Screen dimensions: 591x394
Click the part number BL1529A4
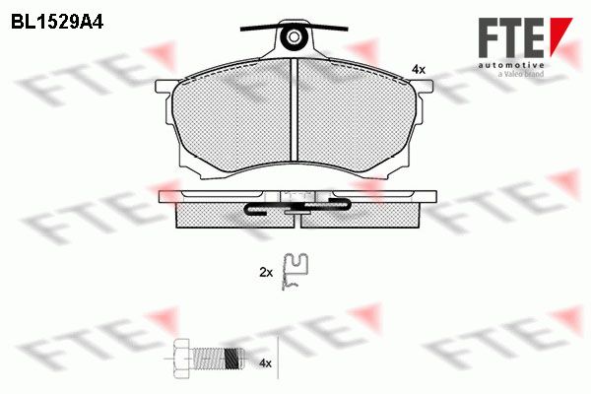point(57,23)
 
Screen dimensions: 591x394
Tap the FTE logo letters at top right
point(511,37)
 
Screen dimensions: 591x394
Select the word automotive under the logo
point(511,66)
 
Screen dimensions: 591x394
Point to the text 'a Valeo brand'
point(521,74)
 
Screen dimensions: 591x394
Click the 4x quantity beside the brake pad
point(419,69)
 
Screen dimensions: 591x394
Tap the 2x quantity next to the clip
point(266,272)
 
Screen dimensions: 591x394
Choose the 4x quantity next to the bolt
point(266,363)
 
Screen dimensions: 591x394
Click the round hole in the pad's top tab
point(294,37)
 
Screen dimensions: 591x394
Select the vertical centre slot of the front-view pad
point(295,109)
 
